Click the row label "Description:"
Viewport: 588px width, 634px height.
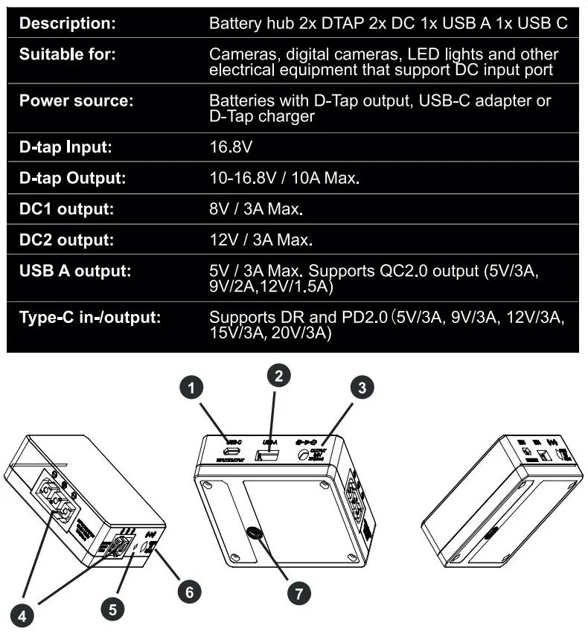pos(68,23)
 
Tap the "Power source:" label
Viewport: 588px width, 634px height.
pos(76,100)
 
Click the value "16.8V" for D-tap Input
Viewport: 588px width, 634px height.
pos(231,147)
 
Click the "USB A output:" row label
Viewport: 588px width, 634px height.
pos(75,271)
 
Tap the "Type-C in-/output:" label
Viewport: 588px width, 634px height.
pos(90,318)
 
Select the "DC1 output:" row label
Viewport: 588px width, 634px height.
pos(67,209)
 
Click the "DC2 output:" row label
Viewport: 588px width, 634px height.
pos(67,240)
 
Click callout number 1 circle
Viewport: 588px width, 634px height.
pos(193,387)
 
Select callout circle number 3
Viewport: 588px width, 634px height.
pos(362,387)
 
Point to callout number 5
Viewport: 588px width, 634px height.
pos(112,609)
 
